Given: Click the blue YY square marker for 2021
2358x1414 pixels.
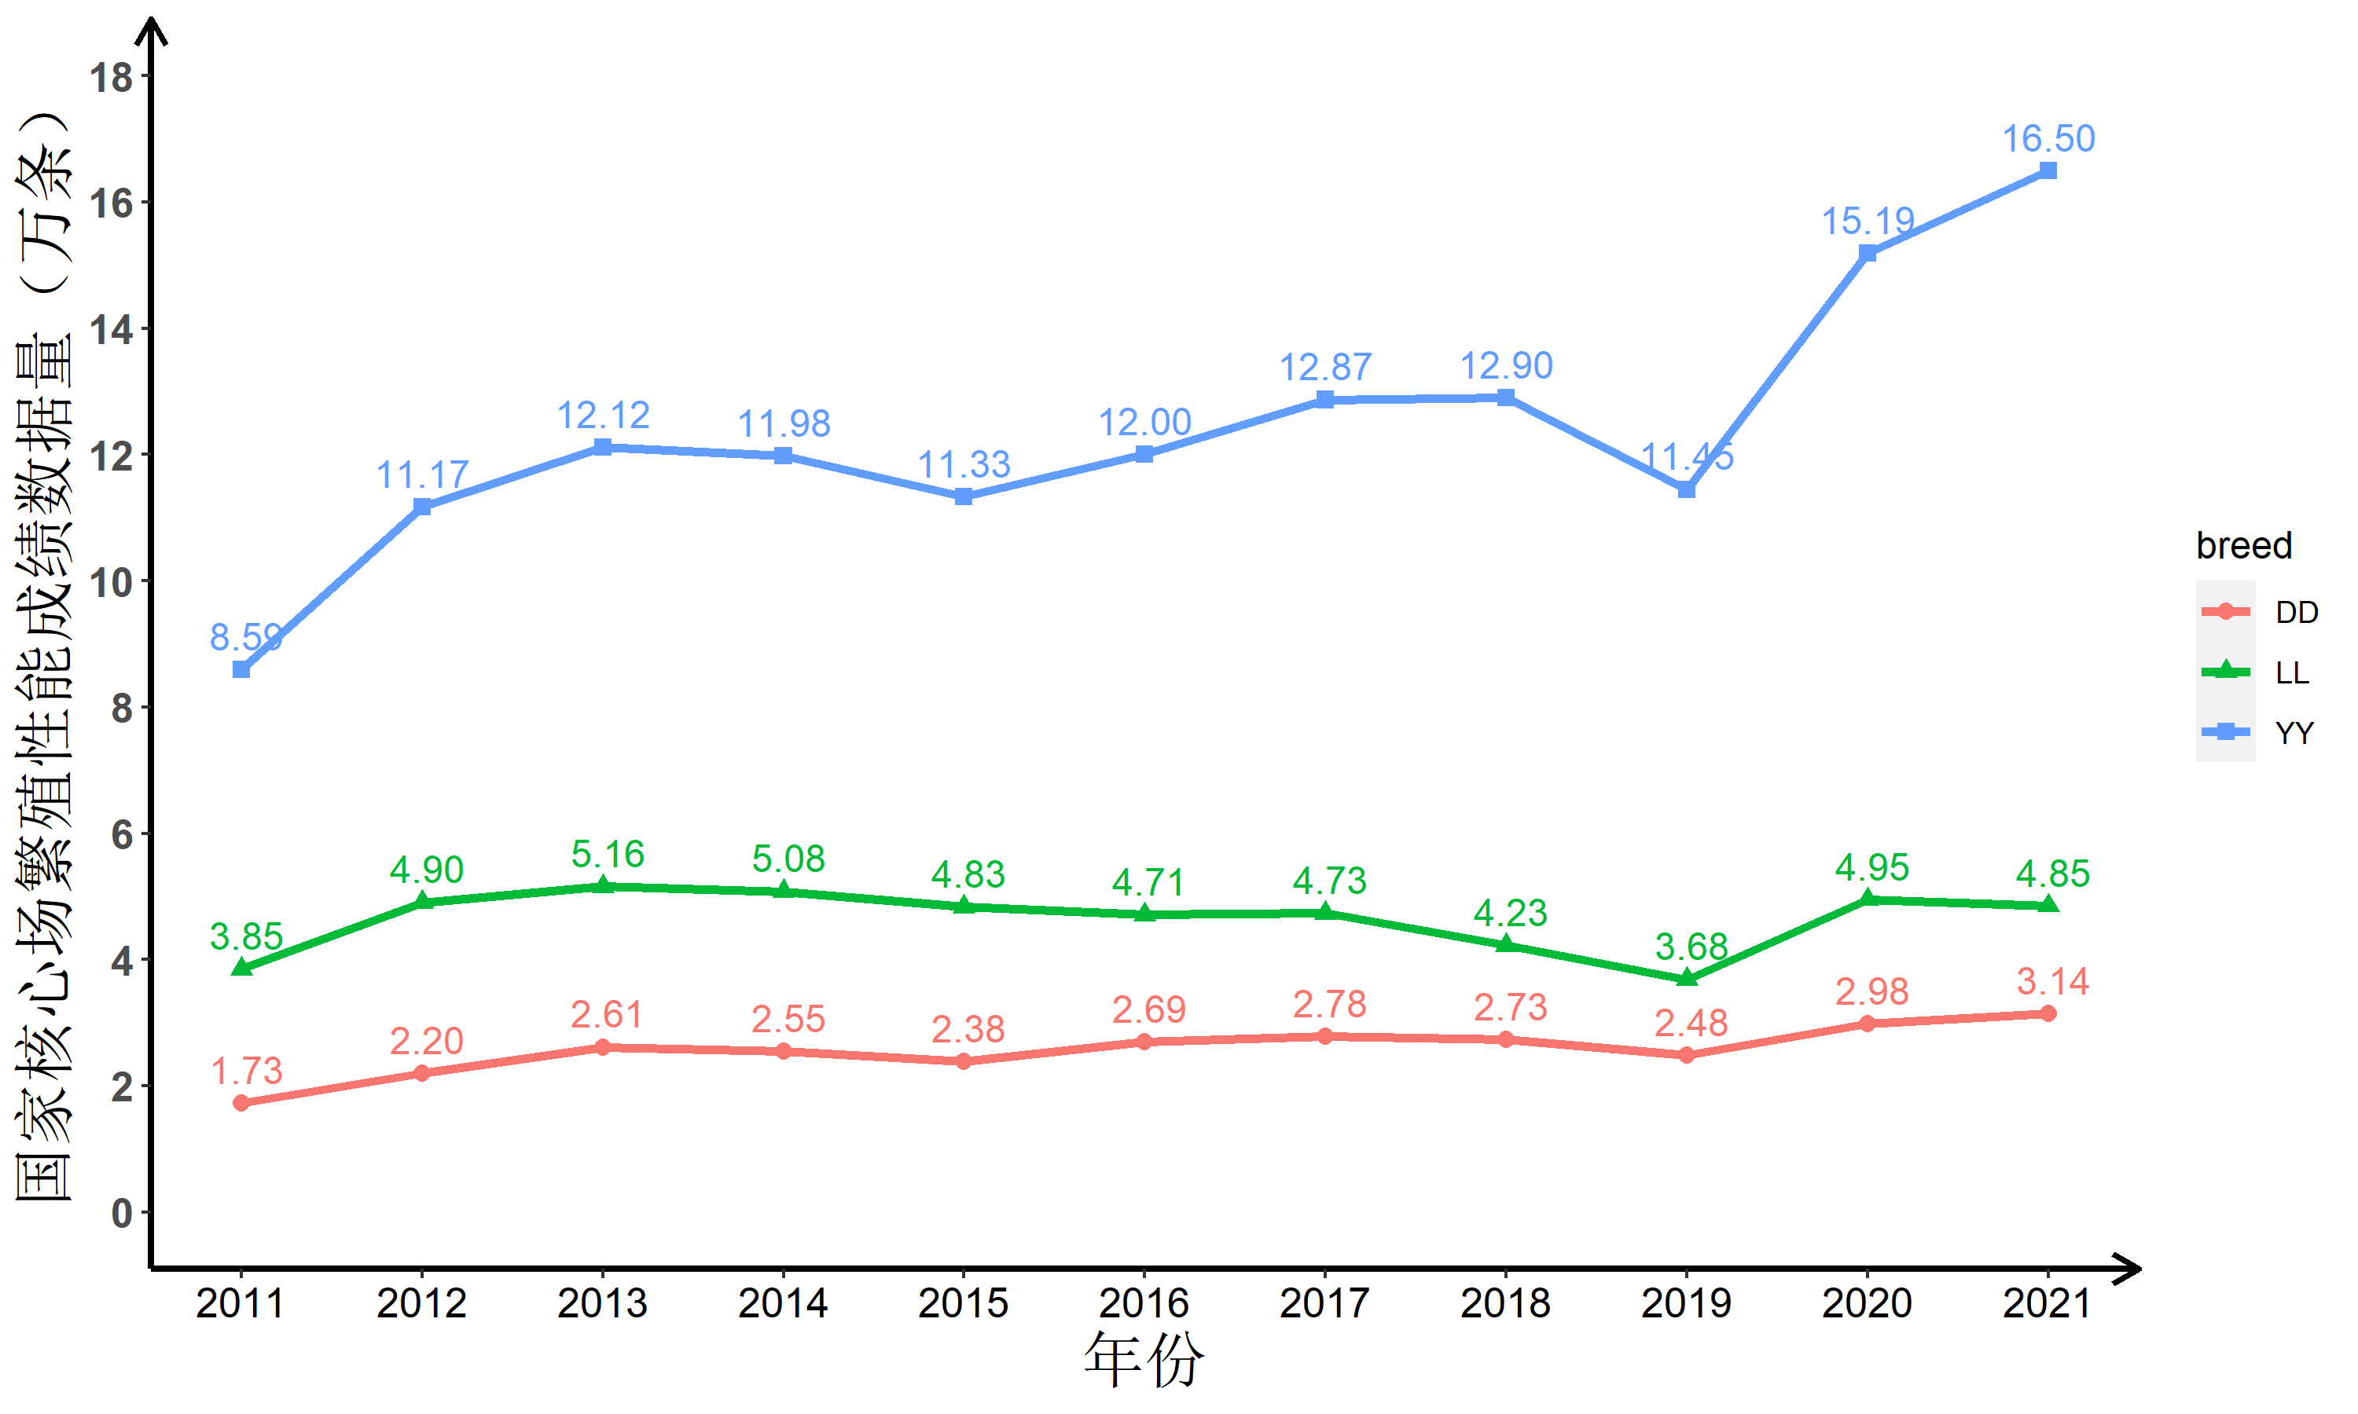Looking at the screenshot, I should (x=2048, y=170).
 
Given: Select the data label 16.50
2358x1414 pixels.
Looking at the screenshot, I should (x=2048, y=139).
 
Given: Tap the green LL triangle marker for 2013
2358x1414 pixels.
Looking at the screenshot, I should (x=602, y=885).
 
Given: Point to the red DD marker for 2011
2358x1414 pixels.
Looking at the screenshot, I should (x=241, y=1102).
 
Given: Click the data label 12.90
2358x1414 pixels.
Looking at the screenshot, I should (x=1506, y=366).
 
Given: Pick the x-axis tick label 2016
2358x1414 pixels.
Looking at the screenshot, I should (x=1144, y=1303).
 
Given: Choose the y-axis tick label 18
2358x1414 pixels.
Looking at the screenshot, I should (x=112, y=77).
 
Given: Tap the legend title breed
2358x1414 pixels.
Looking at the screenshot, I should (x=2243, y=545).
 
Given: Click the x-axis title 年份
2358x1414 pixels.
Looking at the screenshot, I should (x=1144, y=1361).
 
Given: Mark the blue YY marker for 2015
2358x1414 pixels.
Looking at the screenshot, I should (x=964, y=496).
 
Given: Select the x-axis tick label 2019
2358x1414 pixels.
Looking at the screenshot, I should (x=1686, y=1303).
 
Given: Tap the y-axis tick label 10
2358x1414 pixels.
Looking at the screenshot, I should (x=112, y=582).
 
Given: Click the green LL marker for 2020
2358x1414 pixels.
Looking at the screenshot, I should (x=1868, y=898).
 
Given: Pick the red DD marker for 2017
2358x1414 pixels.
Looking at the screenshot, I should (x=1325, y=1035).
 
